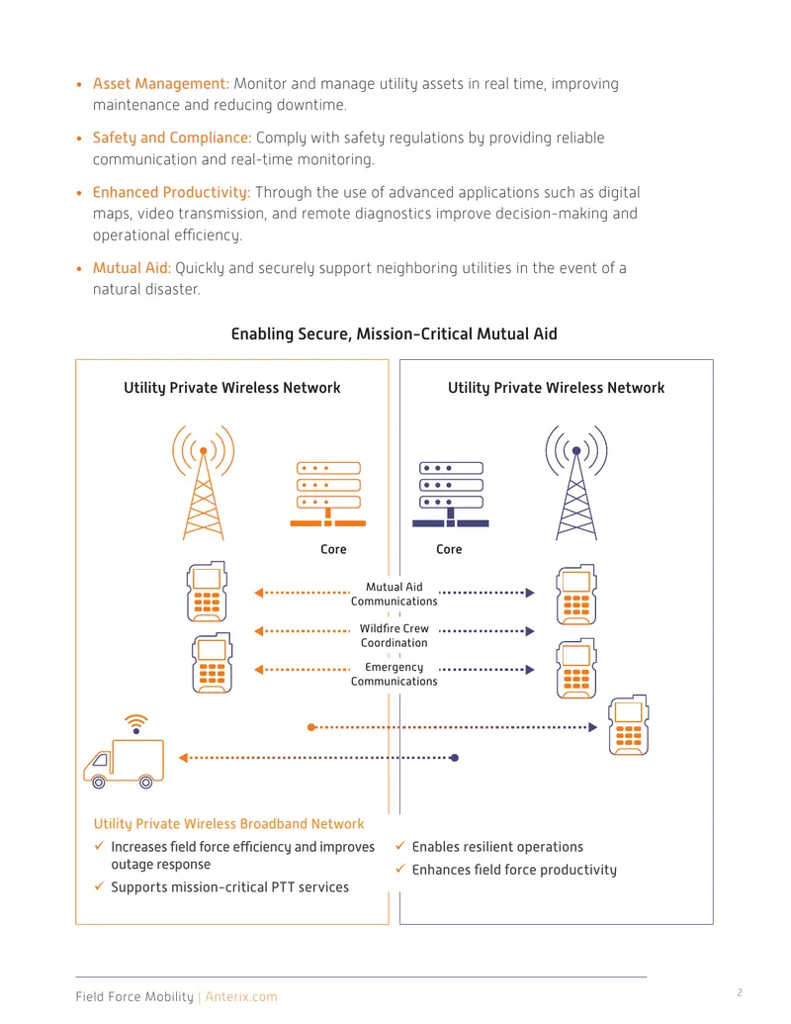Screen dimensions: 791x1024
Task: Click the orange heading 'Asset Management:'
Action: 160,83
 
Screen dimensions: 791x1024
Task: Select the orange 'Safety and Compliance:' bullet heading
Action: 172,138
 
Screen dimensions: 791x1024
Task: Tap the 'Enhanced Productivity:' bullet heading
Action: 171,193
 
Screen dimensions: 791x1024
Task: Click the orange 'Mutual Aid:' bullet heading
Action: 132,268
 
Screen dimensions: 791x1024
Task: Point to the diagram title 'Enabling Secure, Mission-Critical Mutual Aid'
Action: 395,333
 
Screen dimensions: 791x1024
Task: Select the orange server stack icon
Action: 328,495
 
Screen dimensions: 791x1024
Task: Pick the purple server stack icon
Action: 451,495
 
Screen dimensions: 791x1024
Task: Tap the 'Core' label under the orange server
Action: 333,549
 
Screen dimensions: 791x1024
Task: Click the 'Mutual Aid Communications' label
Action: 395,594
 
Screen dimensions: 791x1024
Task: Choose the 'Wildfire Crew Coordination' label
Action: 395,635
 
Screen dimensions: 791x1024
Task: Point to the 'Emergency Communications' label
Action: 395,674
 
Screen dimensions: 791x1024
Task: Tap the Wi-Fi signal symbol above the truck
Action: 135,723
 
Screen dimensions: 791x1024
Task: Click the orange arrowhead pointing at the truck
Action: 183,758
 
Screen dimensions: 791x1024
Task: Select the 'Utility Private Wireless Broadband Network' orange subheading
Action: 229,824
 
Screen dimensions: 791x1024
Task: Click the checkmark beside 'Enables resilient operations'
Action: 400,846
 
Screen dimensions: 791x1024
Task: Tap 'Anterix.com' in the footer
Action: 241,996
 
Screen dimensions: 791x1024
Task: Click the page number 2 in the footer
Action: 740,992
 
